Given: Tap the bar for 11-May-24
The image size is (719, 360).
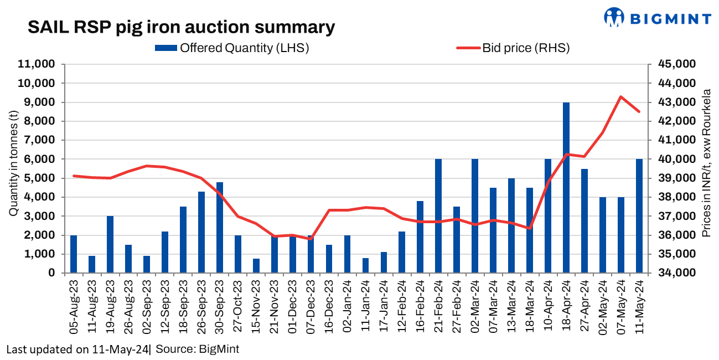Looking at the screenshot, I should pyautogui.click(x=639, y=216).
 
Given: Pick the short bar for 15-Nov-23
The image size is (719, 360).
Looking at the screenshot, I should pyautogui.click(x=256, y=265).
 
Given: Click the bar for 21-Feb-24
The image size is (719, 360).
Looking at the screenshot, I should pyautogui.click(x=438, y=216).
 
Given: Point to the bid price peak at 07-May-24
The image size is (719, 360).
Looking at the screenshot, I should pyautogui.click(x=621, y=97).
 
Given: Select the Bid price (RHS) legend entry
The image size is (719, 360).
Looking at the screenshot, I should pyautogui.click(x=513, y=48).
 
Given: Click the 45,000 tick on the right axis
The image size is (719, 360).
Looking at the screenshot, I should pyautogui.click(x=676, y=64).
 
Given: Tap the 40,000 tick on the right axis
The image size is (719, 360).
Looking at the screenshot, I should pyautogui.click(x=676, y=159).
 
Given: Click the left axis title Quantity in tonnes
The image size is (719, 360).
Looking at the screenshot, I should pyautogui.click(x=13, y=164).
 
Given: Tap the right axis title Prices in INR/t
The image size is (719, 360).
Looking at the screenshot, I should pyautogui.click(x=706, y=163).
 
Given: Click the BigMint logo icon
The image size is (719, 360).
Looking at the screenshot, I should pyautogui.click(x=613, y=17).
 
